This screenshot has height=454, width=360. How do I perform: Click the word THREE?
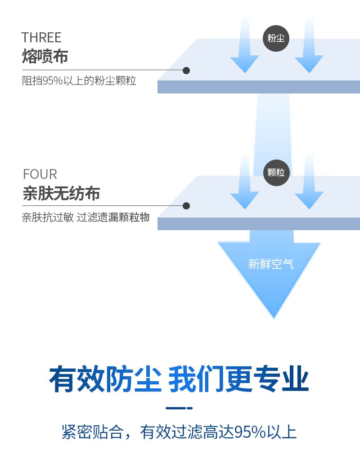coord(41,37)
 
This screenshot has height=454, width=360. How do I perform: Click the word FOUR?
coord(40,174)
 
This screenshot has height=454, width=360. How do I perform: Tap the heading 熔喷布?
coord(45,56)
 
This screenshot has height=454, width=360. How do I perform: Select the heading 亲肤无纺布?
coord(61,193)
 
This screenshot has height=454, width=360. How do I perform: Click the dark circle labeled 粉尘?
coord(276,38)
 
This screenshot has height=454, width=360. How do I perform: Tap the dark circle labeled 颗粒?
coord(276,173)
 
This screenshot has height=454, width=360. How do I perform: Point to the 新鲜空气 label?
coord(271,264)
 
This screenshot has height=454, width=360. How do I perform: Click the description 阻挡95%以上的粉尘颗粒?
coord(79,81)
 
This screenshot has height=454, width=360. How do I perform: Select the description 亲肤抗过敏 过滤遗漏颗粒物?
coord(85,218)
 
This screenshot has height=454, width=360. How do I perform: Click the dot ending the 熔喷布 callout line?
coord(186,71)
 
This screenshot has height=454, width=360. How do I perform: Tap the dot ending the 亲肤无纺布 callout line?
coord(186,206)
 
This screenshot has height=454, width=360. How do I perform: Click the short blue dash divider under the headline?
coord(179,408)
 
